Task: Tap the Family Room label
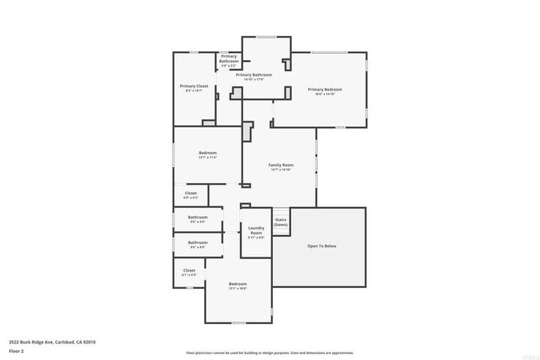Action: click(x=280, y=164)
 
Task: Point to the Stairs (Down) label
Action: click(x=280, y=222)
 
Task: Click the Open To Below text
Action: click(x=322, y=245)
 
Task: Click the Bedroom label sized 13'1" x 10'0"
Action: click(x=237, y=283)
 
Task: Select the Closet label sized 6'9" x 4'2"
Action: click(x=190, y=193)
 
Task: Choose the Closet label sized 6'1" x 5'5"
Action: click(x=189, y=270)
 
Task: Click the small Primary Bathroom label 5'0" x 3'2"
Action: click(x=229, y=58)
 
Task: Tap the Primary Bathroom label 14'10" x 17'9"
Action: click(x=253, y=74)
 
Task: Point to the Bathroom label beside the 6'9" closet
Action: click(x=198, y=217)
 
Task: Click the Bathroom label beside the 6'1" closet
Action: click(x=198, y=242)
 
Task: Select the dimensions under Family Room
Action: click(x=280, y=169)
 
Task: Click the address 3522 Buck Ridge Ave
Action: click(x=52, y=342)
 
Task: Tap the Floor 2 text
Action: click(x=16, y=350)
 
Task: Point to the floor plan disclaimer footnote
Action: click(x=269, y=352)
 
